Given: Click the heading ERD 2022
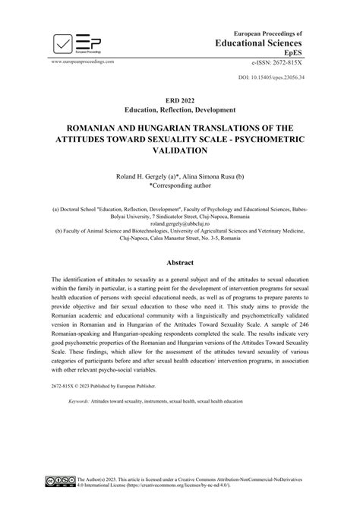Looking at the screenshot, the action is click(180, 100).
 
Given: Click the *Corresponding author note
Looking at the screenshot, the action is click(180, 184).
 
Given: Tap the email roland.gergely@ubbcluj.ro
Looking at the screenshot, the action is click(180, 224).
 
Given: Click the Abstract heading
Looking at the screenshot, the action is click(180, 258).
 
